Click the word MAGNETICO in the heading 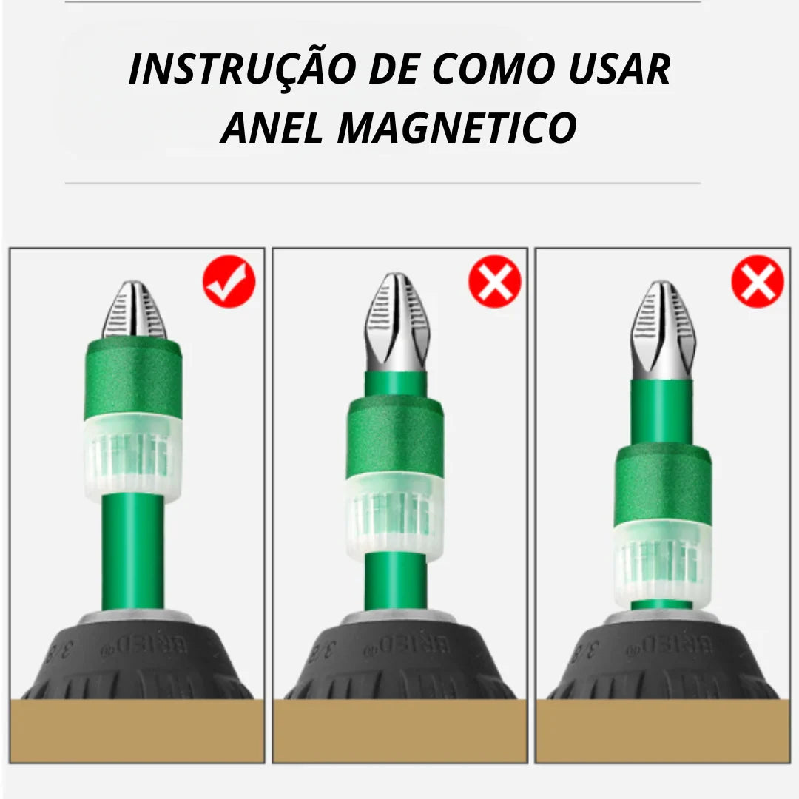coord(457,127)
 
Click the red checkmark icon coord(229,282)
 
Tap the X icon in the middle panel coord(494,282)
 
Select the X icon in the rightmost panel coord(758,282)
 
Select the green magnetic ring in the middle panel coord(395,438)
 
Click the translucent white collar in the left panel coord(133,455)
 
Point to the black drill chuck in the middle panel coord(399,658)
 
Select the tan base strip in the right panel coord(662,730)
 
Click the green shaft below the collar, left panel coord(133,551)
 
